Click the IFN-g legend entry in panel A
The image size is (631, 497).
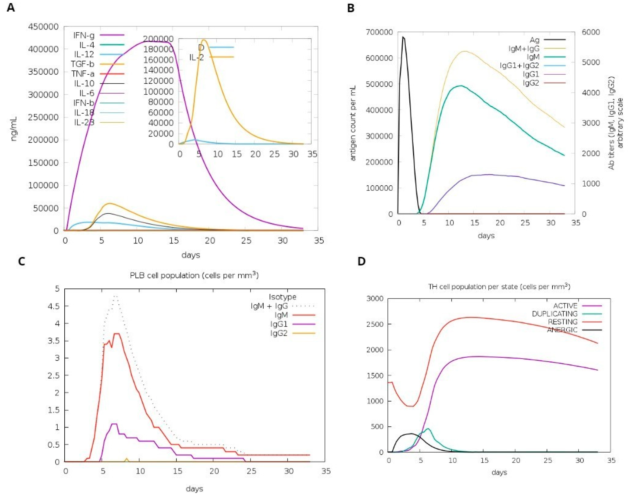pyautogui.click(x=84, y=35)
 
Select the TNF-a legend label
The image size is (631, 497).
pyautogui.click(x=83, y=74)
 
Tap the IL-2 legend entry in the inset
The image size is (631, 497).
pyautogui.click(x=197, y=57)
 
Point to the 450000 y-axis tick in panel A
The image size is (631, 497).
pyautogui.click(x=43, y=27)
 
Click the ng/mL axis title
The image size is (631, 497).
pyautogui.click(x=14, y=129)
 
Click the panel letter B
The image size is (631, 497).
pyautogui.click(x=351, y=8)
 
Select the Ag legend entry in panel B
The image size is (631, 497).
pyautogui.click(x=534, y=40)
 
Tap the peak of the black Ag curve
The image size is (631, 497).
pyautogui.click(x=403, y=37)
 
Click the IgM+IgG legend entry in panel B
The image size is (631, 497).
pyautogui.click(x=524, y=48)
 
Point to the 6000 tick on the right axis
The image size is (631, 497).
pyautogui.click(x=591, y=32)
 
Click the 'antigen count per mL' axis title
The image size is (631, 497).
pyautogui.click(x=353, y=123)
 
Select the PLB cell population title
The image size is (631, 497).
pyautogui.click(x=194, y=275)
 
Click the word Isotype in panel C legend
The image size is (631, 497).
pyautogui.click(x=283, y=297)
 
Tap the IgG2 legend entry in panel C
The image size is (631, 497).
pyautogui.click(x=279, y=333)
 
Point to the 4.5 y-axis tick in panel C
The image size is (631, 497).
pyautogui.click(x=54, y=306)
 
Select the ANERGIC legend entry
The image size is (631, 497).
pyautogui.click(x=562, y=330)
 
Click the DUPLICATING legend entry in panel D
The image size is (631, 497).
pyautogui.click(x=554, y=314)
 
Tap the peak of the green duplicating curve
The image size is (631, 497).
pyautogui.click(x=428, y=429)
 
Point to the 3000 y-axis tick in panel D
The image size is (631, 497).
pyautogui.click(x=375, y=299)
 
